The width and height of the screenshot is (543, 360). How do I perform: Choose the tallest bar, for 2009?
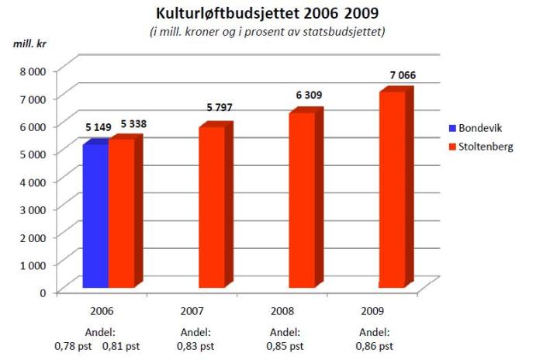tap(391, 190)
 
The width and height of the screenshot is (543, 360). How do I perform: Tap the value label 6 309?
tap(308, 95)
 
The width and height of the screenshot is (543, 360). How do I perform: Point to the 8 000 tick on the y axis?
tap(32, 71)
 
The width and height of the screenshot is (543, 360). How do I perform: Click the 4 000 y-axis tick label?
tap(32, 181)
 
